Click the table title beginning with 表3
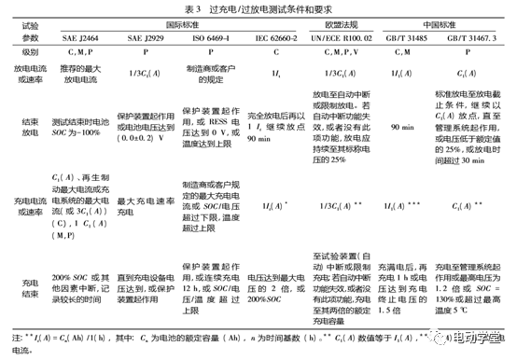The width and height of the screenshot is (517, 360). point(258,9)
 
